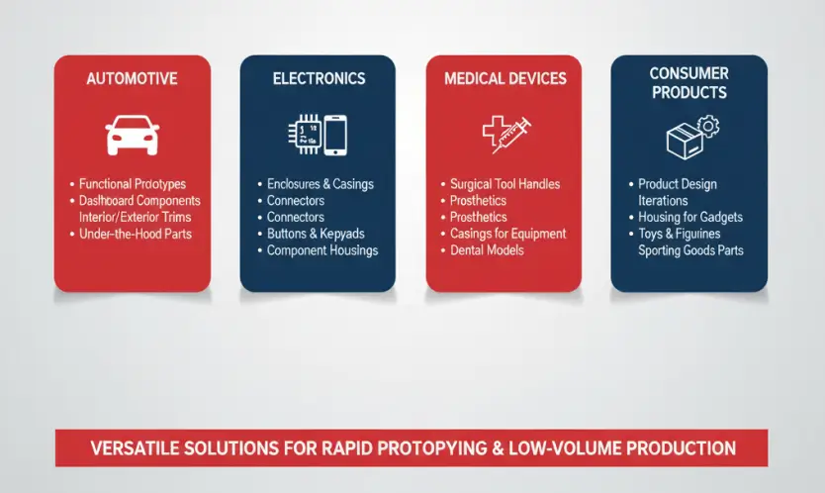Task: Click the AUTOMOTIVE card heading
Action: (133, 79)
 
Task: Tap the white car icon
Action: (133, 135)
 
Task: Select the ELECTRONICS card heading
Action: (319, 79)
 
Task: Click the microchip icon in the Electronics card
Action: (305, 135)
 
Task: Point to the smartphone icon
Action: (335, 135)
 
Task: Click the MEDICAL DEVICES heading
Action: (505, 79)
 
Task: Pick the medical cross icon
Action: (496, 130)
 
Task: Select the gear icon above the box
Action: (708, 127)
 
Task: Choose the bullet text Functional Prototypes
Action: (133, 184)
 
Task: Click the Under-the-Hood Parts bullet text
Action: (136, 234)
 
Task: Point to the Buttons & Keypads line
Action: (316, 234)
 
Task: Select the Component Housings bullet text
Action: (322, 250)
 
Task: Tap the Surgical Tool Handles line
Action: (504, 184)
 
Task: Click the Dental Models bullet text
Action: (487, 250)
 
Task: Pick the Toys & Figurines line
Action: (680, 234)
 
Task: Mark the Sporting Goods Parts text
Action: (690, 250)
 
